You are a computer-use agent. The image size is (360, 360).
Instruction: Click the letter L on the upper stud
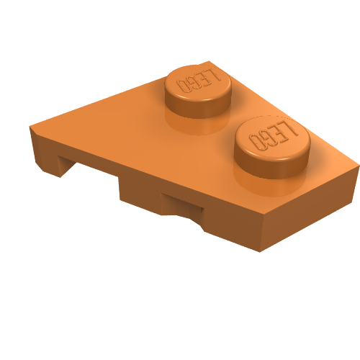point(215,75)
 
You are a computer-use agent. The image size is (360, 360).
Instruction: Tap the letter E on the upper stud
point(204,78)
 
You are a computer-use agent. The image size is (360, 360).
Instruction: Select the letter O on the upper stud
point(183,86)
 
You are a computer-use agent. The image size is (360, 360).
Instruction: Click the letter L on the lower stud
point(292,128)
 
